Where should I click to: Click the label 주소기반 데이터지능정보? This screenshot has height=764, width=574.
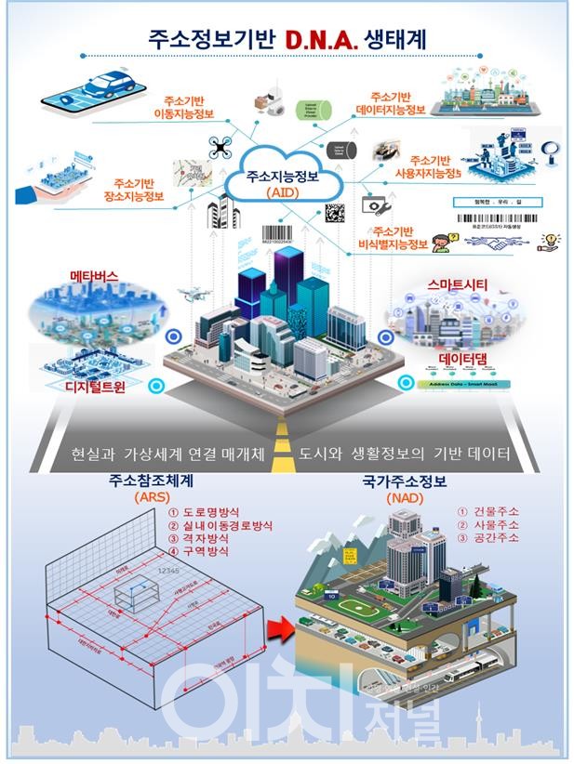click(x=392, y=103)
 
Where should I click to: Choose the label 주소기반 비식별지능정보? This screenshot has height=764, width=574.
click(x=400, y=237)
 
